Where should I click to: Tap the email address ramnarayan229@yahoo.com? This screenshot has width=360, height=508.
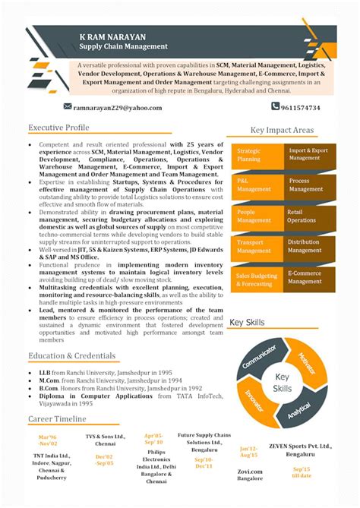(x=112, y=108)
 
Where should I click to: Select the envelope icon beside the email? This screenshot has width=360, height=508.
(x=68, y=107)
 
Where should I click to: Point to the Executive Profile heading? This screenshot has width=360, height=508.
(x=59, y=127)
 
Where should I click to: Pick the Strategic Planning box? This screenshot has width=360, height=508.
(x=257, y=155)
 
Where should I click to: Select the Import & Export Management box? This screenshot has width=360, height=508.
(x=308, y=154)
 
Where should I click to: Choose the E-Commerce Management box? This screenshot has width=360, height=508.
(x=308, y=276)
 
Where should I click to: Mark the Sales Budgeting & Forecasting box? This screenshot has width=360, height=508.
(x=257, y=279)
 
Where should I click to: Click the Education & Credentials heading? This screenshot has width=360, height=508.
(x=73, y=355)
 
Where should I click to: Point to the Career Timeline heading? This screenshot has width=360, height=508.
(x=58, y=419)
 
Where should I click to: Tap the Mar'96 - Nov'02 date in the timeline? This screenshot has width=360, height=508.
(x=49, y=441)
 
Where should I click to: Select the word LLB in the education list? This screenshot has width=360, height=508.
(x=44, y=373)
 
